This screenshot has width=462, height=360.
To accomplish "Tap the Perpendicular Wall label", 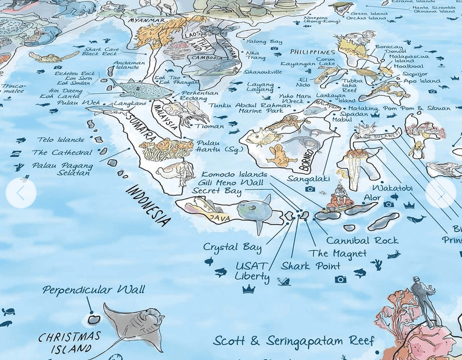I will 93,290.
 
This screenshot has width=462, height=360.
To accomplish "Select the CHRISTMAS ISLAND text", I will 69,343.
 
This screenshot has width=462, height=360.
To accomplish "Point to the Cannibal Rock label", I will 362,240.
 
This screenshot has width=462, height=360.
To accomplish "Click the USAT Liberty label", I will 252,271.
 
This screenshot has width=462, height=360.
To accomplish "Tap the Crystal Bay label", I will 232,247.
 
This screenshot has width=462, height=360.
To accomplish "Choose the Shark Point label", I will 311,266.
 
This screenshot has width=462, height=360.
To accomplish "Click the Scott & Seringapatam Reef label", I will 294,341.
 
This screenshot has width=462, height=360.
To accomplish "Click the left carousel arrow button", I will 21,193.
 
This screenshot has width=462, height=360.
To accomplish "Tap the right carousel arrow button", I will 440,193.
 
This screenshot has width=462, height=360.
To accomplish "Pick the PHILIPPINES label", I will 313,52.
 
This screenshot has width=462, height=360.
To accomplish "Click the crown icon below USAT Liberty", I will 248,289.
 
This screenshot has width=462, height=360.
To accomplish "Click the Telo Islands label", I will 60,140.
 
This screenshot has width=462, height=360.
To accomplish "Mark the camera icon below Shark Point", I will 340,279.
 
